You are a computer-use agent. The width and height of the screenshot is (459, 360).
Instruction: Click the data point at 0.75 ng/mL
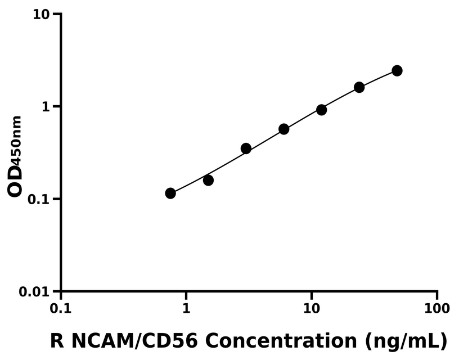170,193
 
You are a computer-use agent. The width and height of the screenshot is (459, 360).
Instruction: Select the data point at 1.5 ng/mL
208,180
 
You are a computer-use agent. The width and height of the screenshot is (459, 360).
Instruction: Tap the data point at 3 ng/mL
246,148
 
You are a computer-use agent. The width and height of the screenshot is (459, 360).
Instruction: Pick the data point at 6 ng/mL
283,129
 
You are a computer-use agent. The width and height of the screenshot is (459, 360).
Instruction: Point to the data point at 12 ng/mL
321,110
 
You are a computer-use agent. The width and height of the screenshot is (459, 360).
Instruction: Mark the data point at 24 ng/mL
359,87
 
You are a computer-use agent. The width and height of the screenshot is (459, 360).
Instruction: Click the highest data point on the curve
397,70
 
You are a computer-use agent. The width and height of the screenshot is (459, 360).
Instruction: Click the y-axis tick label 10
42,14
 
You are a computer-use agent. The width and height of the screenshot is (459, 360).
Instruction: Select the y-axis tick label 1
47,107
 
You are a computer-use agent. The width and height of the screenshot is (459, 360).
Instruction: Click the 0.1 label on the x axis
61,309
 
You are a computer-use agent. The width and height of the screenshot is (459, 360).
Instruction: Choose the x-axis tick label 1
186,309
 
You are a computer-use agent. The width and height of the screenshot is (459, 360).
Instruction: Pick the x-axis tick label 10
312,309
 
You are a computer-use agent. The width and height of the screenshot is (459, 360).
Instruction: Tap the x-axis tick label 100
437,309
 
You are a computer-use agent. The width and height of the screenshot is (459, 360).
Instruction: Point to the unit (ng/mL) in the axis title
405,341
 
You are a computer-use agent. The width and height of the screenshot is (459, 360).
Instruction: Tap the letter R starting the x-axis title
56,341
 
